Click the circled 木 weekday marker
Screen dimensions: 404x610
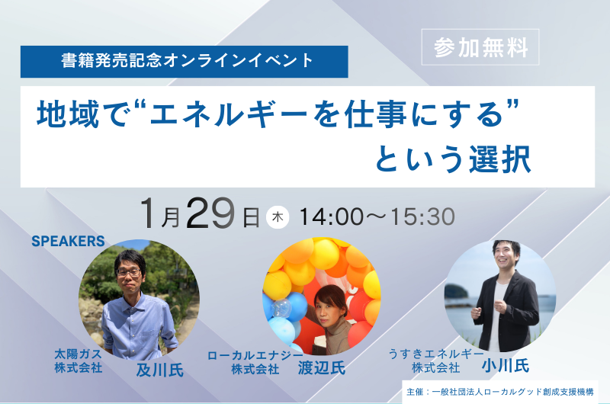pyautogui.click(x=278, y=216)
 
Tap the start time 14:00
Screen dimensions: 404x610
pyautogui.click(x=332, y=216)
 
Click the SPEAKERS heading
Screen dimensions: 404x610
pyautogui.click(x=68, y=242)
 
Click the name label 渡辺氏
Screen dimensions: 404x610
pyautogui.click(x=321, y=368)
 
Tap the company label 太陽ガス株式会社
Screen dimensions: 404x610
pyautogui.click(x=78, y=361)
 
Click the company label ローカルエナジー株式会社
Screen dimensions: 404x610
pyautogui.click(x=255, y=362)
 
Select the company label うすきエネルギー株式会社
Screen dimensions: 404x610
pyautogui.click(x=435, y=361)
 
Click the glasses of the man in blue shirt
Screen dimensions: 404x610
pyautogui.click(x=129, y=271)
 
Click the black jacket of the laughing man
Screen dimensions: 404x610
pyautogui.click(x=518, y=313)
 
